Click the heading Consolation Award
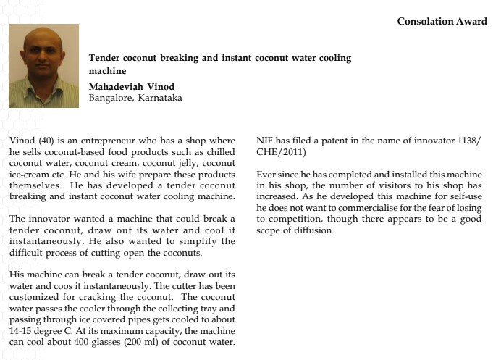[442, 22]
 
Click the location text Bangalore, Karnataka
[135, 97]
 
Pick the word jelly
[175, 163]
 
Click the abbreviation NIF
[267, 140]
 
